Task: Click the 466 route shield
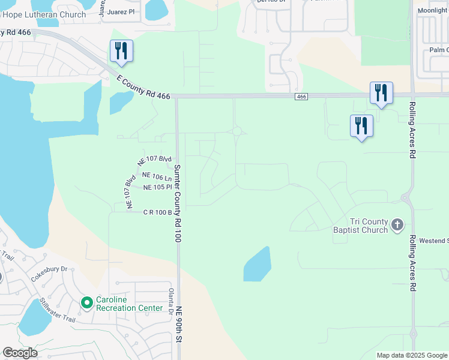(301, 97)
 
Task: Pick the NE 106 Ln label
(157, 176)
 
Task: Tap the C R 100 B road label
(157, 212)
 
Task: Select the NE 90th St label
(178, 325)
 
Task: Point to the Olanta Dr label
(170, 298)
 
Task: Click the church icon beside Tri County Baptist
(397, 225)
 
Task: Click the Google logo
(20, 353)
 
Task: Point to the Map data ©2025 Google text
(412, 355)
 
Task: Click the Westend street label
(435, 241)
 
